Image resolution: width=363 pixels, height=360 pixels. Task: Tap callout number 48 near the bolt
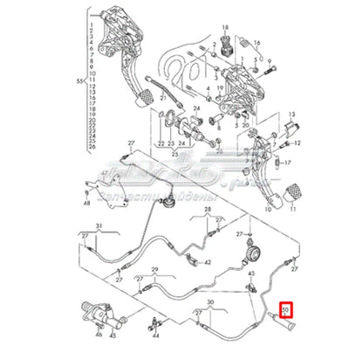(87, 204)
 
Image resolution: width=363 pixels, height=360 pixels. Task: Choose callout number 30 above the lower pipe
(210, 303)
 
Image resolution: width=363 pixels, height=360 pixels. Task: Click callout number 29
(154, 273)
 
